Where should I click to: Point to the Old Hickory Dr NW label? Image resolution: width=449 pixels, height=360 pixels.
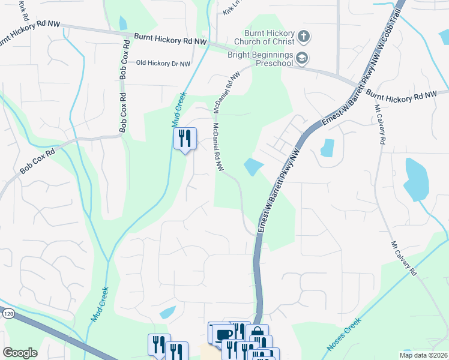click(x=163, y=63)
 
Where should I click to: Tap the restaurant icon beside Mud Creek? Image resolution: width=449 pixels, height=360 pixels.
click(x=185, y=139)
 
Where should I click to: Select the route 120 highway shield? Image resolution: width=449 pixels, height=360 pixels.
click(x=8, y=313)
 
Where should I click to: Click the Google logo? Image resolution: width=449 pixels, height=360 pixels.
click(x=20, y=352)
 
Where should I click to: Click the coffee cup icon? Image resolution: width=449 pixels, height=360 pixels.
click(x=224, y=334)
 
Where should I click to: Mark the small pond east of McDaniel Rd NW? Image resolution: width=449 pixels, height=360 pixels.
click(x=253, y=166)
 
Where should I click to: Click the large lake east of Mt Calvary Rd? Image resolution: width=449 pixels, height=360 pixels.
click(x=415, y=179)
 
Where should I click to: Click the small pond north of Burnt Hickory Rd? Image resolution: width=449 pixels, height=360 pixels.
click(x=123, y=23)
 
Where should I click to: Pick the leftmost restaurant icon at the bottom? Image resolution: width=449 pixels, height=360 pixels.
click(x=159, y=344)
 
